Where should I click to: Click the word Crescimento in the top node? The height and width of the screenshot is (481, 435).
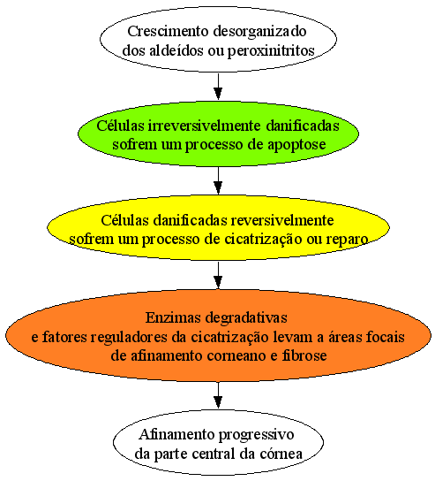coord(168,31)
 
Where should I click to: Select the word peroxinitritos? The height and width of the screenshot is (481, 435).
coord(271,51)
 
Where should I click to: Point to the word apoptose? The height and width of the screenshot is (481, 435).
coord(296,145)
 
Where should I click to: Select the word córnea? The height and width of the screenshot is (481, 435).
coord(281,454)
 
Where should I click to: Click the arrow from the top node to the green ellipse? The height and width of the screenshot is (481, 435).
coord(218,87)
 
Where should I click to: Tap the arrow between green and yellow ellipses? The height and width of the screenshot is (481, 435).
coord(218,180)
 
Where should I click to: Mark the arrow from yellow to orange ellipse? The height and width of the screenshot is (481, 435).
coord(218,275)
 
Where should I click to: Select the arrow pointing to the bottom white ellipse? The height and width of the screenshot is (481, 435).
coord(218,395)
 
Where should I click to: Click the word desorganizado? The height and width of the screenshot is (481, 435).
coord(259,32)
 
